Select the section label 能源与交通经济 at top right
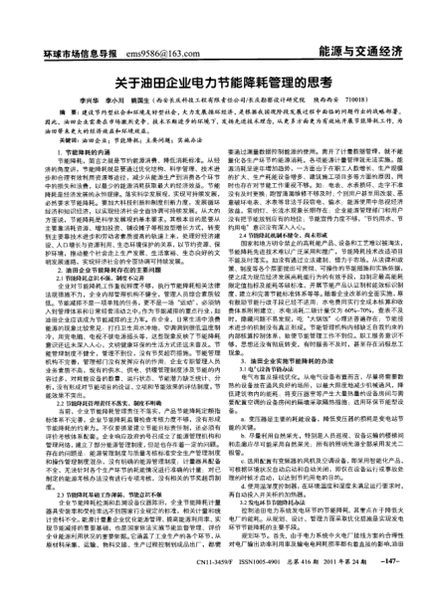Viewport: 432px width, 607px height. click(x=359, y=49)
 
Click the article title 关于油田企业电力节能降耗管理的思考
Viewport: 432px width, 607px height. click(x=216, y=85)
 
